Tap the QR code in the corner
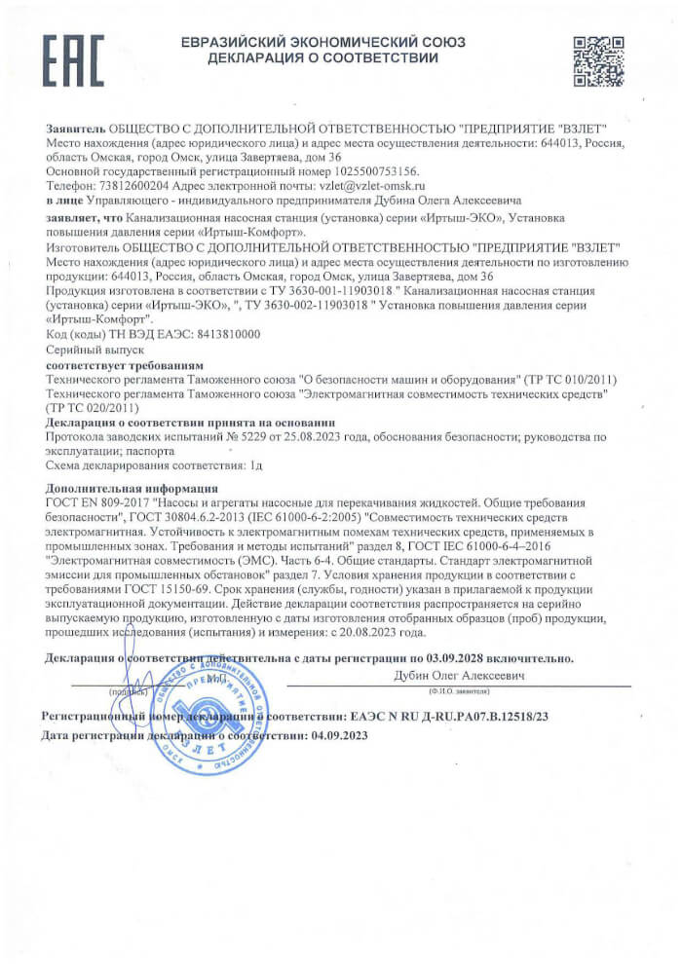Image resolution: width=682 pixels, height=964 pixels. point(596,61)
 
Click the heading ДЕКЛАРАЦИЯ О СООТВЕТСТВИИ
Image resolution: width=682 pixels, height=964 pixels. point(323,59)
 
